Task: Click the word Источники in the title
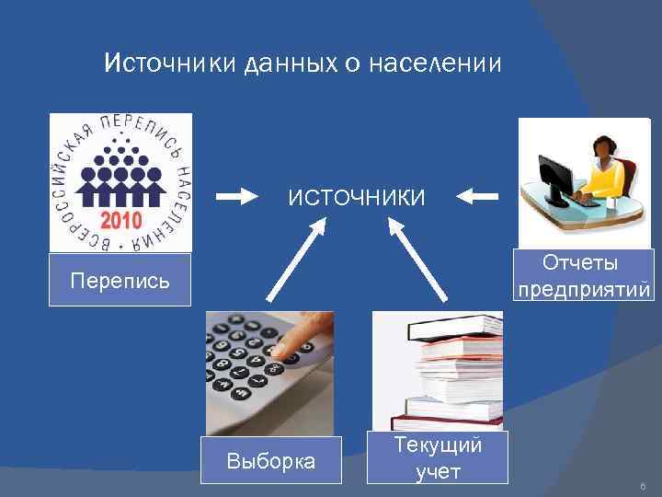click(171, 64)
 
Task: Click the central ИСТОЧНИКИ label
click(357, 197)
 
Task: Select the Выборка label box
click(270, 459)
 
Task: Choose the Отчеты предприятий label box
click(584, 275)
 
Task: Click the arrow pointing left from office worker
click(477, 195)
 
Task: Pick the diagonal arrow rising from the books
click(420, 262)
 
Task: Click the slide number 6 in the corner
click(642, 484)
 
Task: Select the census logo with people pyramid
click(120, 182)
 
